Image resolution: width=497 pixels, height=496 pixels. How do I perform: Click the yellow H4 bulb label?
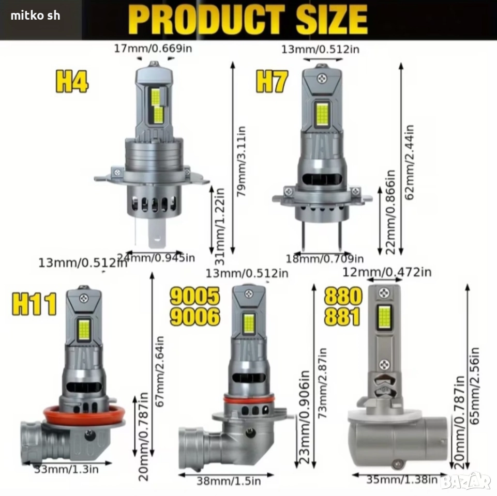72,82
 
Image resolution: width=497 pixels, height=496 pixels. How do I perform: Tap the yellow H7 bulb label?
272,82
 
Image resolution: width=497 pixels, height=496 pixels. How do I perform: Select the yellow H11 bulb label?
35,304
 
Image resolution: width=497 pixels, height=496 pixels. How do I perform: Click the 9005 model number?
195,296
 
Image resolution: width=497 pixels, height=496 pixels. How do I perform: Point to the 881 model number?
343,316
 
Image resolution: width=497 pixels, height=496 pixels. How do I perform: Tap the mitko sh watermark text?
35,16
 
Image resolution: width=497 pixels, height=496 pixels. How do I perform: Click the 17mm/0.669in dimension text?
153,49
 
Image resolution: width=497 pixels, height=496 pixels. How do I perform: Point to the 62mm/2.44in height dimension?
410,162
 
